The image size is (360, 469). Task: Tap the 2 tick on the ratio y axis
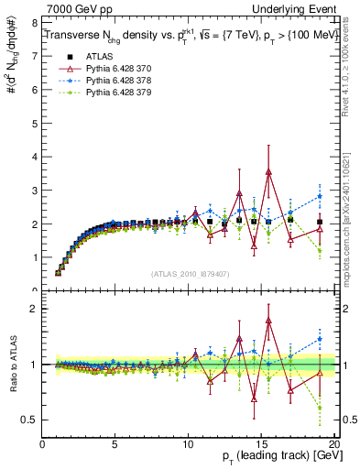[x=34, y=309]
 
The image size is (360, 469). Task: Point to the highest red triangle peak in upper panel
[x=268, y=171]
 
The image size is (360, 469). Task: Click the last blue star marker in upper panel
[x=320, y=196]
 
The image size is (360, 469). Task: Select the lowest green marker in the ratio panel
[x=320, y=408]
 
